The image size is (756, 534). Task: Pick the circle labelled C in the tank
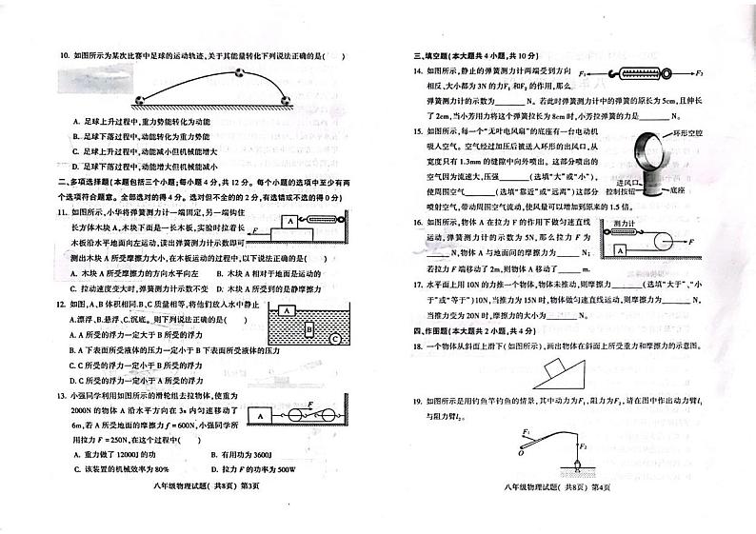[334, 338]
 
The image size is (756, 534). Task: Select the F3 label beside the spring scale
[700, 72]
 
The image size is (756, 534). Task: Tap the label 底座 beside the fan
[677, 190]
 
